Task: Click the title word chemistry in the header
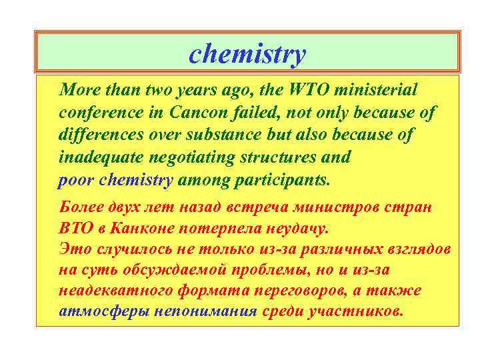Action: pos(247,54)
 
